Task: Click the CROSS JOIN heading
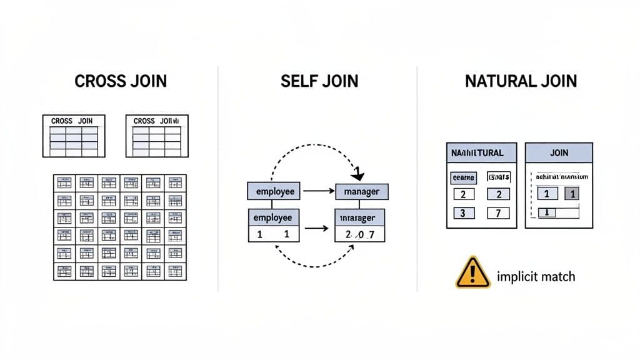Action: [x=121, y=81]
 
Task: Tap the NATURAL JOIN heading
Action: [x=521, y=81]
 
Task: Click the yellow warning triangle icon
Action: [x=474, y=272]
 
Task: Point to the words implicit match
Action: [x=536, y=276]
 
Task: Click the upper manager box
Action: [x=362, y=191]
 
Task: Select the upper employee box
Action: [x=274, y=191]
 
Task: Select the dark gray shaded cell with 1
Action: [x=572, y=194]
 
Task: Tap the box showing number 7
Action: [x=499, y=213]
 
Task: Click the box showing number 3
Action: [x=463, y=213]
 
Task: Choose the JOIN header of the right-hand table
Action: [x=559, y=152]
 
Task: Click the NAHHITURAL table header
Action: [x=481, y=152]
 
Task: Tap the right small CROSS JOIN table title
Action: [x=156, y=121]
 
